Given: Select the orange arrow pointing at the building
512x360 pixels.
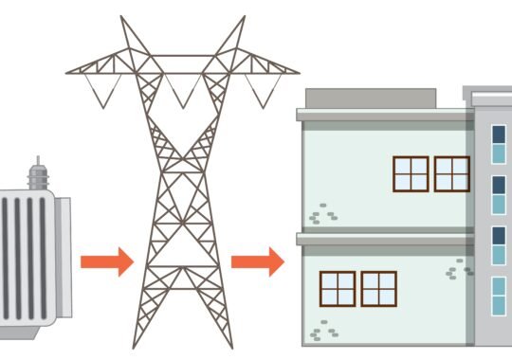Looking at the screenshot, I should (x=257, y=261).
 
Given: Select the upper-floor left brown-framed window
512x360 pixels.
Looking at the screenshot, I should (x=411, y=173).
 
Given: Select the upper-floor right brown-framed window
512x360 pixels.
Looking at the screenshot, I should (x=452, y=173).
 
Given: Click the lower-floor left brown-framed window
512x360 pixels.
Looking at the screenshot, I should (x=338, y=289).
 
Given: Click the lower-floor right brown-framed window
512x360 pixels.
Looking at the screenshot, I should (x=378, y=289).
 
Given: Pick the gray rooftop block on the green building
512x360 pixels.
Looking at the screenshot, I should (x=371, y=98).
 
